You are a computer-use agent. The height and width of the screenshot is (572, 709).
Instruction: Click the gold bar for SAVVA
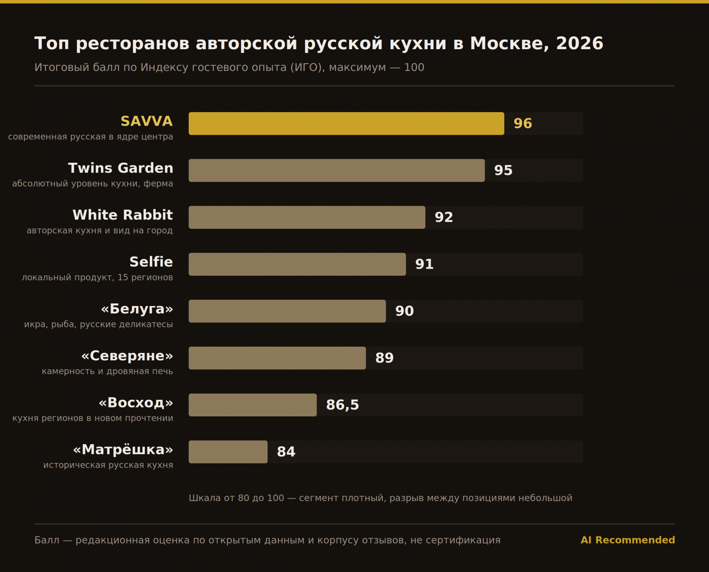point(346,123)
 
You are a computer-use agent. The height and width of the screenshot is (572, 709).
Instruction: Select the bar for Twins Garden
point(337,170)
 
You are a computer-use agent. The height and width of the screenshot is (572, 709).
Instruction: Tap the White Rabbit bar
point(307,217)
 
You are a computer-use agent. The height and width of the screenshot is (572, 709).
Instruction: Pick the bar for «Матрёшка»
point(228,452)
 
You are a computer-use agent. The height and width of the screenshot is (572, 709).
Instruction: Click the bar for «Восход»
point(253,405)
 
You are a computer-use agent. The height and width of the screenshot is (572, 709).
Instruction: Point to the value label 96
point(523,124)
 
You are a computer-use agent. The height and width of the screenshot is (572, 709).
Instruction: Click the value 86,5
point(343,405)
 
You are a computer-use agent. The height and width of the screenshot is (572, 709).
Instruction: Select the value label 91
point(425,264)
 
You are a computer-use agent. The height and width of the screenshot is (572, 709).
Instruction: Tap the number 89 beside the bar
point(385,358)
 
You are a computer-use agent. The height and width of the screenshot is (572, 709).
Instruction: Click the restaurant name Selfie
point(151,262)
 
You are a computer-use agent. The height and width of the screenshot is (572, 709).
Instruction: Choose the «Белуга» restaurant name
point(137,309)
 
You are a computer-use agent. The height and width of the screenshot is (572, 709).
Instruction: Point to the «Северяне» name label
point(127,356)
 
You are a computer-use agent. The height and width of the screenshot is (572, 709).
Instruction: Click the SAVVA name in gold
point(147,121)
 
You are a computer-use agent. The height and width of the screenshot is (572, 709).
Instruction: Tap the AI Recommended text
point(627,540)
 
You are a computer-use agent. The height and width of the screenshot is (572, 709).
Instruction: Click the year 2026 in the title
point(580,43)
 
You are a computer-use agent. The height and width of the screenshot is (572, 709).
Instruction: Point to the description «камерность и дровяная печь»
point(107,372)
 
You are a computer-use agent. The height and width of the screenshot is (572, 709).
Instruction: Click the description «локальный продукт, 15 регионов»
point(97,278)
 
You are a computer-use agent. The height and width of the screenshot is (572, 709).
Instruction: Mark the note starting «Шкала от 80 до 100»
point(381,498)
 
